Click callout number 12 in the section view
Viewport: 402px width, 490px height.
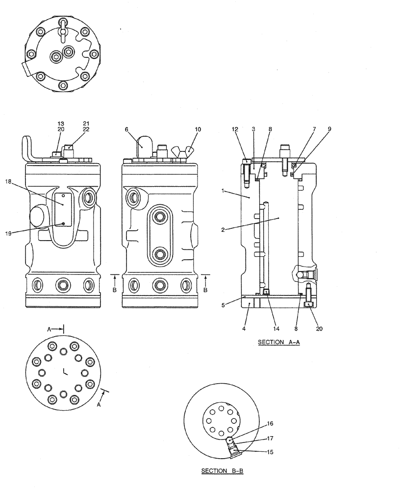235,129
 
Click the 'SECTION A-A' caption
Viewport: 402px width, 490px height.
278,343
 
